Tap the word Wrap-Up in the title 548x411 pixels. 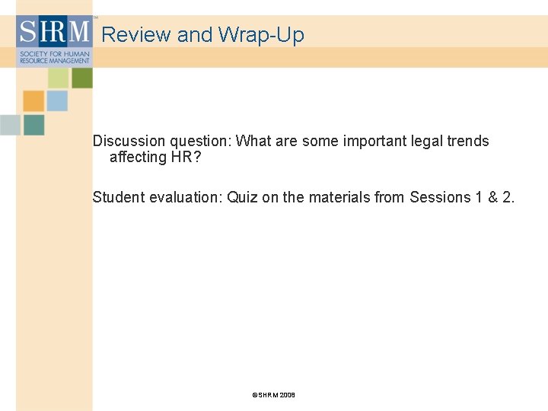[x=261, y=35]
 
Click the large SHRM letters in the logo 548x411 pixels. [x=53, y=32]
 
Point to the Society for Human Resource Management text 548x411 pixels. [x=53, y=58]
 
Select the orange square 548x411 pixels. [x=33, y=100]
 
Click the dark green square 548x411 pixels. [x=82, y=78]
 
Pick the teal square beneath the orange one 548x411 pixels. [x=33, y=125]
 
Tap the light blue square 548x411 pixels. [x=57, y=100]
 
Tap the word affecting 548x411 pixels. [x=138, y=158]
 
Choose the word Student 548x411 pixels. [x=119, y=198]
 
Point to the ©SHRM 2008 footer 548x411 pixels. [x=273, y=395]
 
